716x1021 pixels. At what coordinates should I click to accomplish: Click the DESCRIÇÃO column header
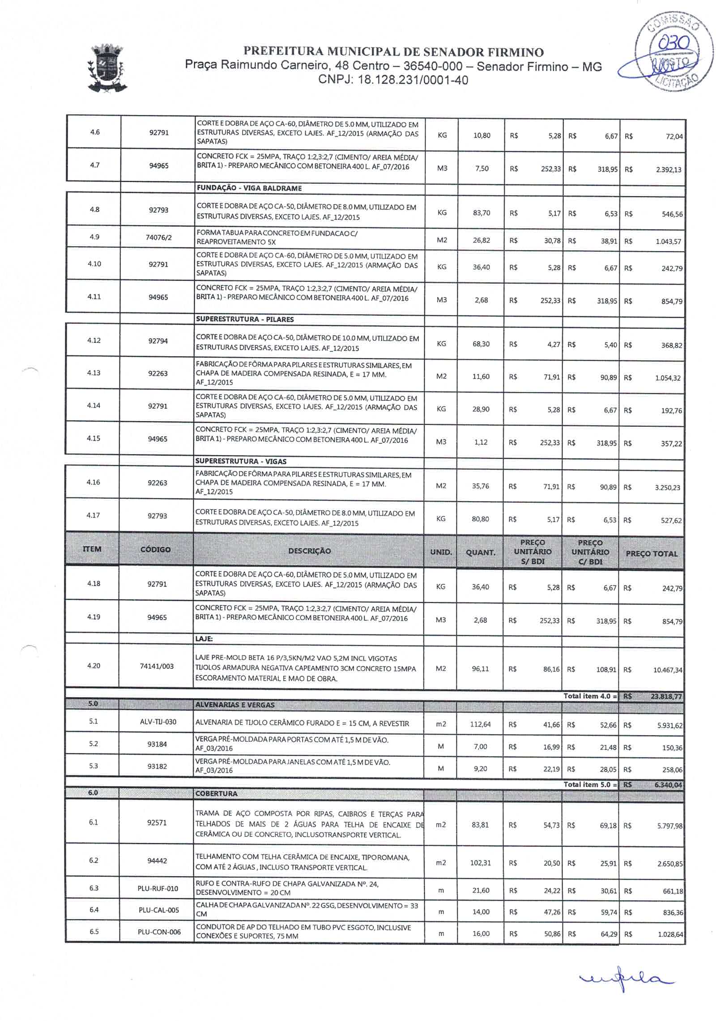pyautogui.click(x=309, y=551)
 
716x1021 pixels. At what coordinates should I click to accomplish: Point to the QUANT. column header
pyautogui.click(x=480, y=553)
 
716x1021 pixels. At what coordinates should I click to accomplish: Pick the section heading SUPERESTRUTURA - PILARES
pyautogui.click(x=245, y=319)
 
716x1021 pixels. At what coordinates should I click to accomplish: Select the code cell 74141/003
pyautogui.click(x=157, y=666)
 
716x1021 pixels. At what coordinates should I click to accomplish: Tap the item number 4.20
pyautogui.click(x=94, y=666)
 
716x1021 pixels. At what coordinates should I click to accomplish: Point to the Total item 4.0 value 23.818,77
pyautogui.click(x=666, y=696)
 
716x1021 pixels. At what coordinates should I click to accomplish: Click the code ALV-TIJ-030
pyautogui.click(x=158, y=722)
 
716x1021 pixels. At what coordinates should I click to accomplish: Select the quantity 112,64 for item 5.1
pyautogui.click(x=480, y=724)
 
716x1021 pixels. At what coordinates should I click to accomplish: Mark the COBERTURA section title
pyautogui.click(x=216, y=794)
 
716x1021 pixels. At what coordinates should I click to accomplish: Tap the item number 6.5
pyautogui.click(x=94, y=932)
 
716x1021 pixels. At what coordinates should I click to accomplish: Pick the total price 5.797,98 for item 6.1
pyautogui.click(x=669, y=826)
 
